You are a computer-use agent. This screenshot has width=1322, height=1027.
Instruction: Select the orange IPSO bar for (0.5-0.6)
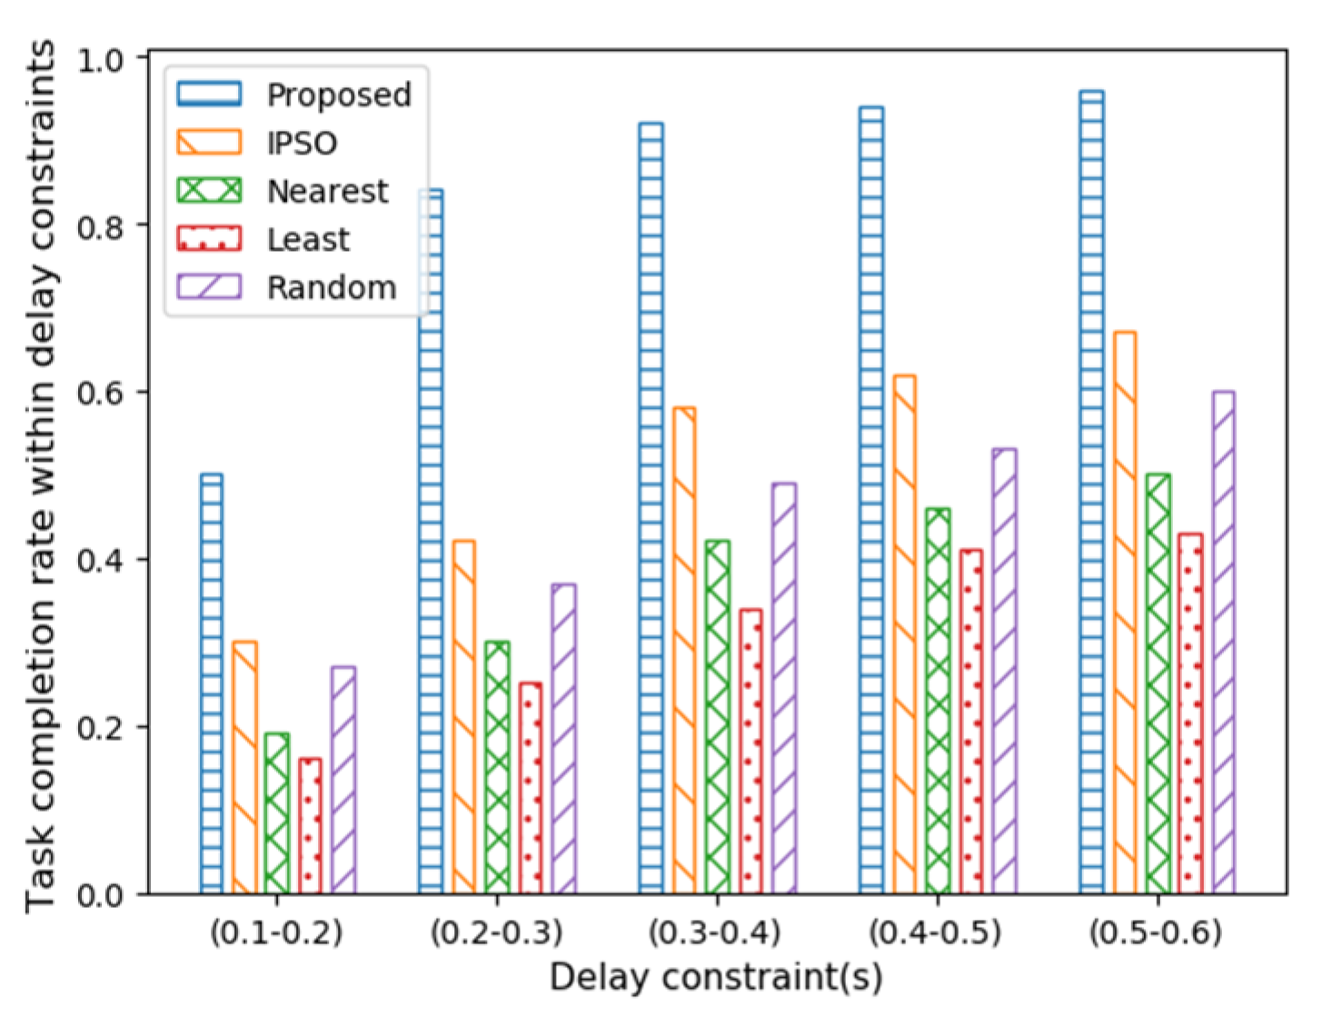pyautogui.click(x=1124, y=613)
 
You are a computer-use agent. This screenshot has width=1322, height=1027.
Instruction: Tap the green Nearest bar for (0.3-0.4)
pyautogui.click(x=717, y=717)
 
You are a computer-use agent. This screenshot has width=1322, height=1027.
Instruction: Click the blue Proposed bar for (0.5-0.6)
pyautogui.click(x=1091, y=492)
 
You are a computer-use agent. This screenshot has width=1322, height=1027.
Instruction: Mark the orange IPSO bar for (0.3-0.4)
pyautogui.click(x=684, y=650)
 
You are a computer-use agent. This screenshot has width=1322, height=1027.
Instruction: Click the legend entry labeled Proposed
pyautogui.click(x=338, y=95)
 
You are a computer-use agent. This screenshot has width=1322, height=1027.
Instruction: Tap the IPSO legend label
pyautogui.click(x=302, y=143)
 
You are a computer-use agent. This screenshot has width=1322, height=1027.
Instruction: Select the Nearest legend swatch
pyautogui.click(x=209, y=190)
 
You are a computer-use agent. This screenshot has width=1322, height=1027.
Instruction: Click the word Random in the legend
pyautogui.click(x=331, y=287)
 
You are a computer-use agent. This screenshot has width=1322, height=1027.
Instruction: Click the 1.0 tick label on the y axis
pyautogui.click(x=100, y=59)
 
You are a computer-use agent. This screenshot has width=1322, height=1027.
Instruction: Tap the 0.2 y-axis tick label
pyautogui.click(x=100, y=728)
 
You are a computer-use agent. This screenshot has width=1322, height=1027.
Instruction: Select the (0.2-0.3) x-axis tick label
pyautogui.click(x=496, y=932)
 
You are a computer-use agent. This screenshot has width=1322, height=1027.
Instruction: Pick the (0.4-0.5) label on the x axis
pyautogui.click(x=935, y=932)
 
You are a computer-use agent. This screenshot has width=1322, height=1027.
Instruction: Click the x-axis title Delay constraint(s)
pyautogui.click(x=716, y=978)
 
